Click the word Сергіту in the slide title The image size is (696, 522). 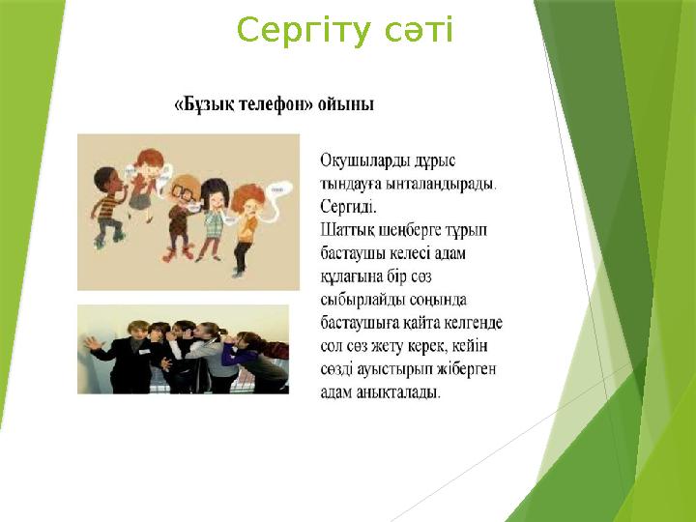tap(291, 31)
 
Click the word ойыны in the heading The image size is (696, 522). tap(348, 103)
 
